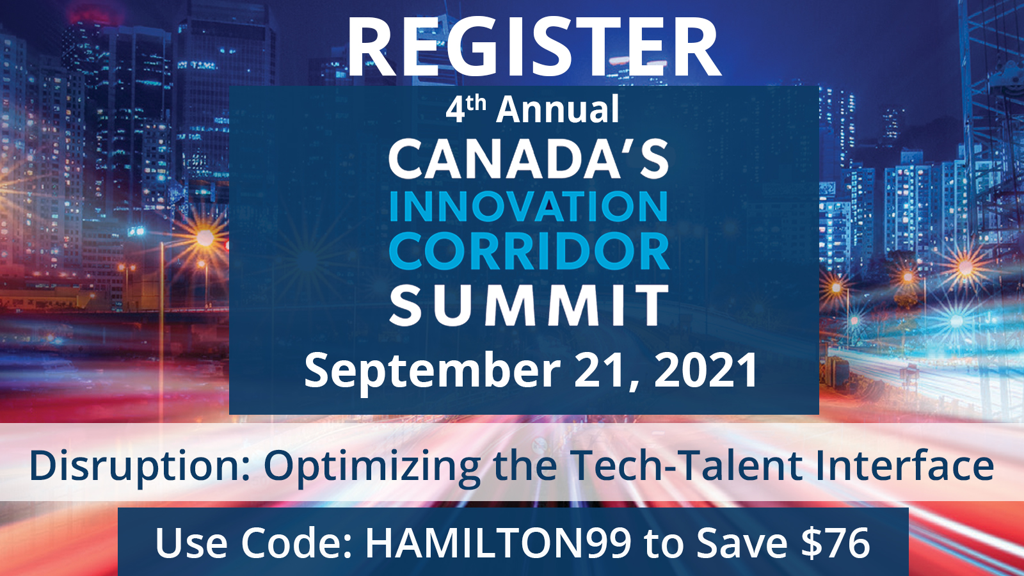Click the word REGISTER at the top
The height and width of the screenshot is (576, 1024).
pyautogui.click(x=534, y=47)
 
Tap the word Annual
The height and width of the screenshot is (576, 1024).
pyautogui.click(x=557, y=109)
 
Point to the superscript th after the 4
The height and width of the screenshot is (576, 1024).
pyautogui.click(x=476, y=103)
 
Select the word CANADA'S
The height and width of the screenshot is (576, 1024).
pyautogui.click(x=529, y=159)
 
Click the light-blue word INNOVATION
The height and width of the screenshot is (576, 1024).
pyautogui.click(x=529, y=206)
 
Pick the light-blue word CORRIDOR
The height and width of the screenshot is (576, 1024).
pyautogui.click(x=529, y=251)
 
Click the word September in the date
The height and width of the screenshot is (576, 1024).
pyautogui.click(x=432, y=371)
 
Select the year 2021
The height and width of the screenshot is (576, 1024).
pyautogui.click(x=707, y=370)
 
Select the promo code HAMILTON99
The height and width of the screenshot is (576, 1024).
pyautogui.click(x=498, y=543)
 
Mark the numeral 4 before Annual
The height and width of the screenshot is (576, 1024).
pyautogui.click(x=455, y=109)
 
